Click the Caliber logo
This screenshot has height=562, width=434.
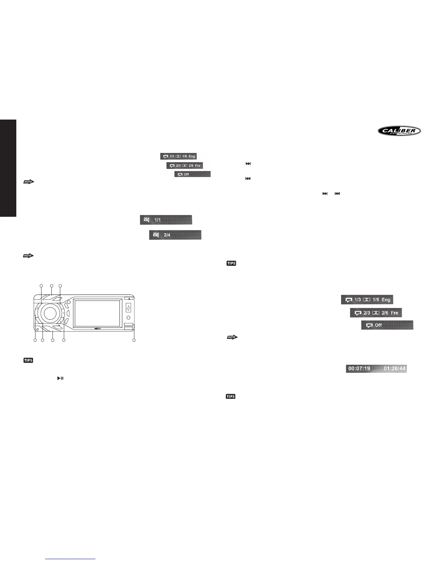(399, 131)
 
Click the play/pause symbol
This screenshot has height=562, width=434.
(60, 379)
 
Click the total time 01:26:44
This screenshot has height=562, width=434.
(394, 369)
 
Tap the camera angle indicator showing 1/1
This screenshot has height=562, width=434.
(166, 220)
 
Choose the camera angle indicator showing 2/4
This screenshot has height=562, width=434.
(175, 235)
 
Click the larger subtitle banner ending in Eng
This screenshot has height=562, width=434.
(367, 300)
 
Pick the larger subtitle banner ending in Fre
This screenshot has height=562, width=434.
(376, 313)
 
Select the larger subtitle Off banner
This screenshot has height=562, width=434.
(387, 325)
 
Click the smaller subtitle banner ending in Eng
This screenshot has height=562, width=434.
(178, 156)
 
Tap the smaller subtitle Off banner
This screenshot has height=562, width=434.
(192, 174)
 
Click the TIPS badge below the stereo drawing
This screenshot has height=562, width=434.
(28, 360)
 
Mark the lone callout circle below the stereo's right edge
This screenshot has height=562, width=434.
(134, 341)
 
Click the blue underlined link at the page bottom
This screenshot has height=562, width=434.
(71, 558)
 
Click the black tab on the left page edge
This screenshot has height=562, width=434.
(8, 168)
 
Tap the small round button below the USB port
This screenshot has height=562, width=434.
(128, 318)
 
